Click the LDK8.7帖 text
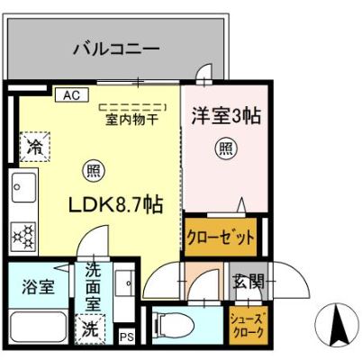(116, 204)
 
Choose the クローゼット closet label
(221, 239)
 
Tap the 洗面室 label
(94, 286)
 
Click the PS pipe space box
(127, 337)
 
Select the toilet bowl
(175, 323)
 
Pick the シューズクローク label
(247, 325)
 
